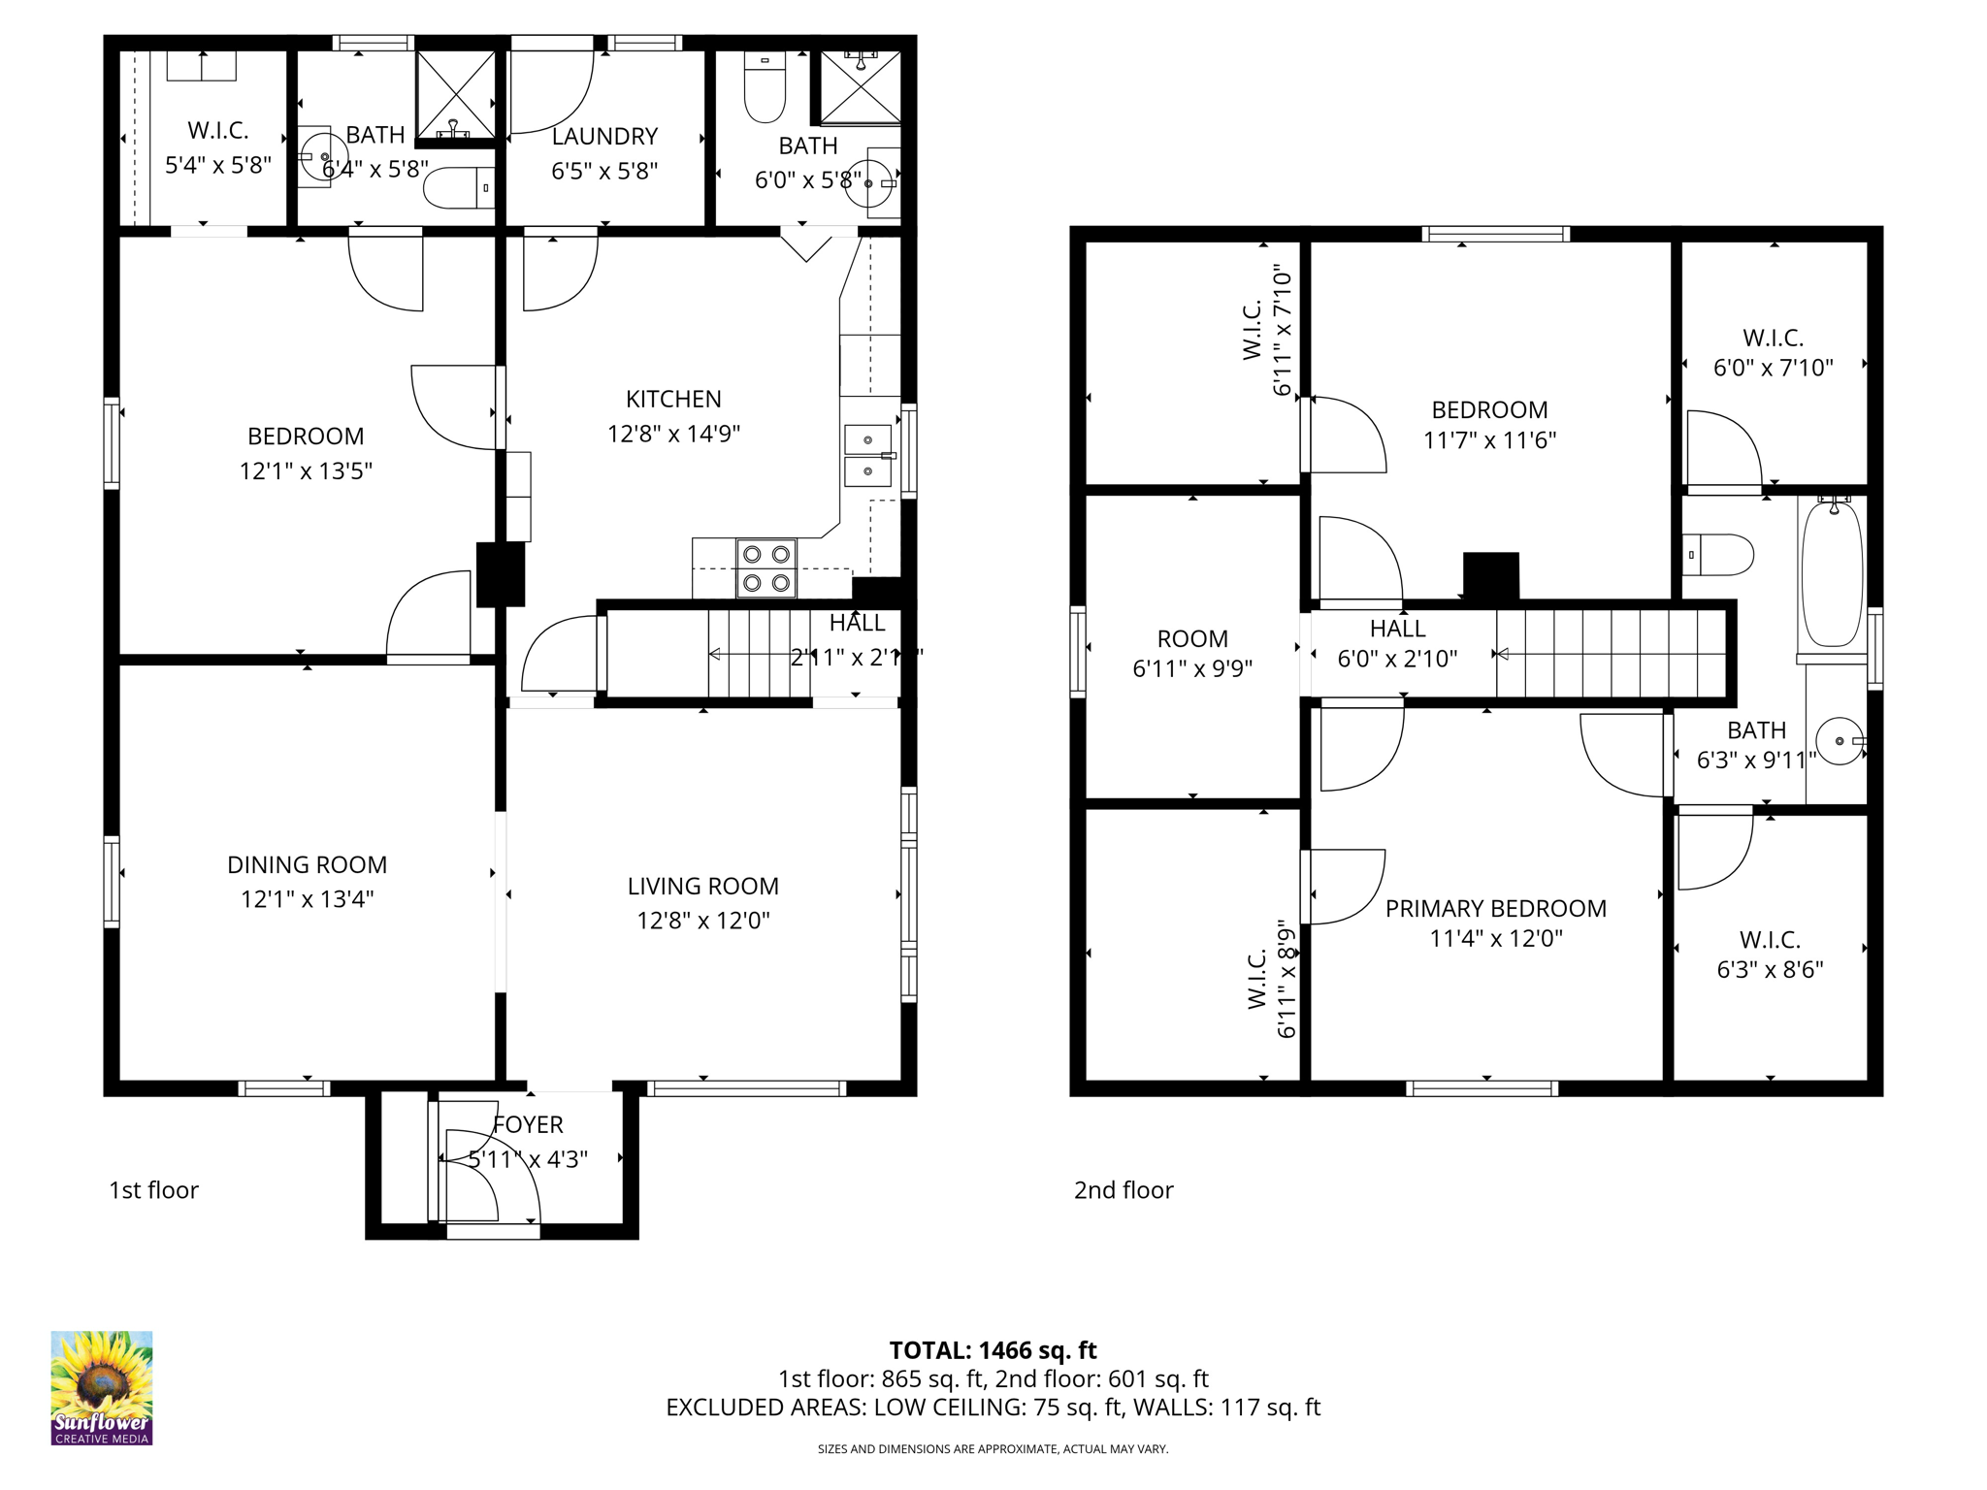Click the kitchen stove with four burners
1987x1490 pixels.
[766, 568]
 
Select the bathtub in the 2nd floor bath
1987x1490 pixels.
[1832, 574]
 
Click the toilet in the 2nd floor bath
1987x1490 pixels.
[1718, 555]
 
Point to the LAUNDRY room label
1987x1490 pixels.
[604, 137]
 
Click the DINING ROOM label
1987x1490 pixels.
[307, 864]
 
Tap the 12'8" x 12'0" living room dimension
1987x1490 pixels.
[702, 920]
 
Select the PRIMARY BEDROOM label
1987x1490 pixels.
[1495, 908]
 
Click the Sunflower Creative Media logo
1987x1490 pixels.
[102, 1387]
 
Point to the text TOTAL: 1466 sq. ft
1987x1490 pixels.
[993, 1349]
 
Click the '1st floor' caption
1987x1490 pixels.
[153, 1190]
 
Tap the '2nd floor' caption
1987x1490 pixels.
[1123, 1190]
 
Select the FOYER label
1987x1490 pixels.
[528, 1124]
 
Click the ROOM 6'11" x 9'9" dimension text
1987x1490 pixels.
[1192, 668]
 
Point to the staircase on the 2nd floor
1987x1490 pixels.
[1611, 653]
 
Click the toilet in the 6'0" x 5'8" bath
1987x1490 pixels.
[765, 88]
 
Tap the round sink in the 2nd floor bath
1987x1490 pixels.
[1840, 741]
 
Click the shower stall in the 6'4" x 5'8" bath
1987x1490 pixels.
[455, 94]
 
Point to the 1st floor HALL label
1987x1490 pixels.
[857, 623]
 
